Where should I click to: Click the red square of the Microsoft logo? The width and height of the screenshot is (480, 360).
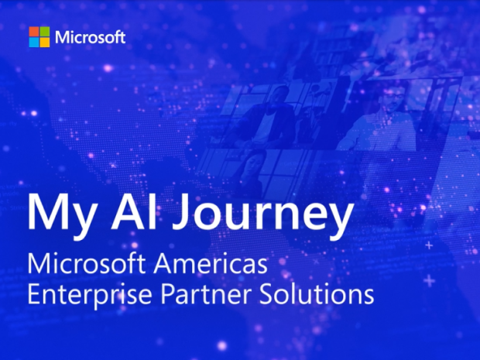pos(33,31)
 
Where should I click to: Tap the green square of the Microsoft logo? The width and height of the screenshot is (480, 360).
pos(44,31)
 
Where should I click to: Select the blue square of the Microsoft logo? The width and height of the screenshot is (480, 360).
pos(33,42)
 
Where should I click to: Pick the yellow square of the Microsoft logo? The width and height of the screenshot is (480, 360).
pos(44,42)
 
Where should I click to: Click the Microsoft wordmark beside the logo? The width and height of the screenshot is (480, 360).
pos(90,36)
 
